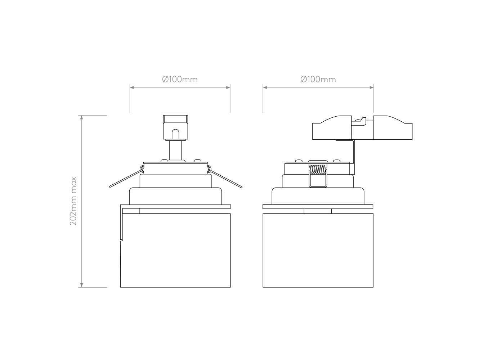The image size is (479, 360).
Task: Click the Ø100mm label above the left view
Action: pos(180,79)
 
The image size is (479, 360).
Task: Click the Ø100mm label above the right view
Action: pos(318,79)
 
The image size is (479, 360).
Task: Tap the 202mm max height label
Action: pos(73,201)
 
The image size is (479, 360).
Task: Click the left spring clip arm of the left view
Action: pos(126,178)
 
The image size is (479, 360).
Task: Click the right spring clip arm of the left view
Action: pos(225,178)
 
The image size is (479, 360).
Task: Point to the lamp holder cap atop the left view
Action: pos(175,127)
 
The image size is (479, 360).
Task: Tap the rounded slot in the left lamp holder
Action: pos(175,134)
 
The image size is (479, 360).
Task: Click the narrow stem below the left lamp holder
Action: pos(175,150)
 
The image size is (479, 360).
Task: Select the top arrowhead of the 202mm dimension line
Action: pos(82,117)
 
